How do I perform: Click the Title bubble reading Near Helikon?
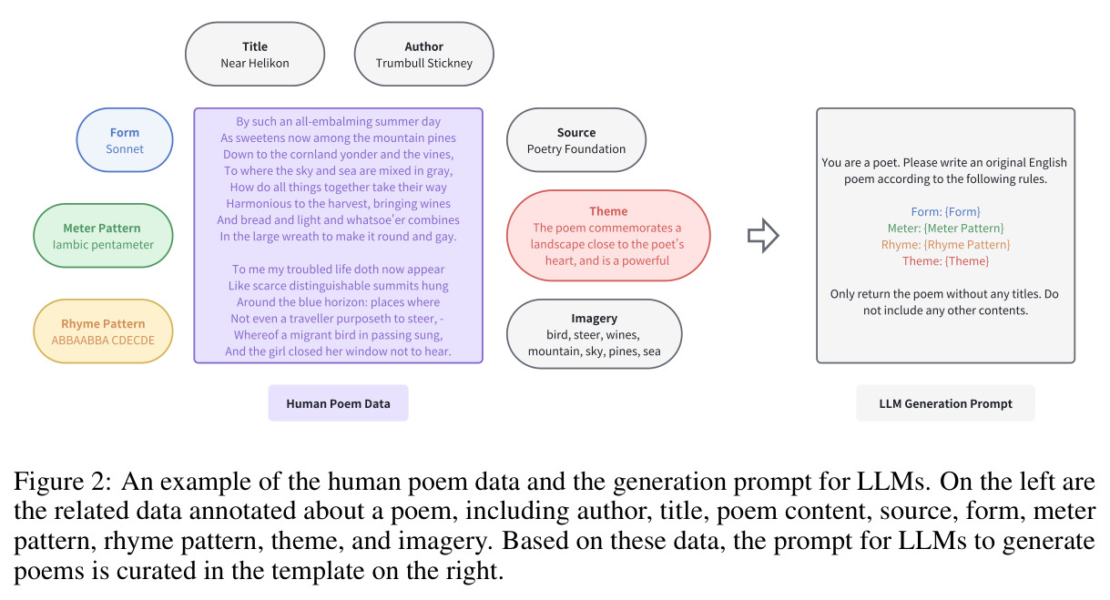coord(255,54)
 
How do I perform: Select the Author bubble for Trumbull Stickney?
coord(423,54)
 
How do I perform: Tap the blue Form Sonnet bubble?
coord(125,140)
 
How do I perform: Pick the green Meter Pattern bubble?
coord(103,236)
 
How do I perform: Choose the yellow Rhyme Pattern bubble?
coord(103,331)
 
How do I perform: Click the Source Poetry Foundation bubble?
coord(576,140)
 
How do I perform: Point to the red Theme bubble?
coord(608,236)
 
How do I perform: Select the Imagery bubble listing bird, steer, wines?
coord(594,334)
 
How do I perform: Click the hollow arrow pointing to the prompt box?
coord(763,235)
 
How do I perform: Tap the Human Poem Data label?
coord(338,403)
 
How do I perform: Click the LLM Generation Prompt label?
coord(945,403)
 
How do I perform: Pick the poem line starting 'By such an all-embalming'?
coord(338,121)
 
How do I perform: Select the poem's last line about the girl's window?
coord(338,351)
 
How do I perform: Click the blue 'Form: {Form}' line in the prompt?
coord(945,211)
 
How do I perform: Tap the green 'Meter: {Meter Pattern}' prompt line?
coord(945,228)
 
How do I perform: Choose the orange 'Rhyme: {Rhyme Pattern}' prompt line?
coord(945,244)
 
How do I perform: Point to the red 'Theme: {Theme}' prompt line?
coord(945,260)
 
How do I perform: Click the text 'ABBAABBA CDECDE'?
coord(103,341)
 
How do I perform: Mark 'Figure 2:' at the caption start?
coord(63,482)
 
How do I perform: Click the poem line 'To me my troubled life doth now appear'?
coord(338,269)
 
